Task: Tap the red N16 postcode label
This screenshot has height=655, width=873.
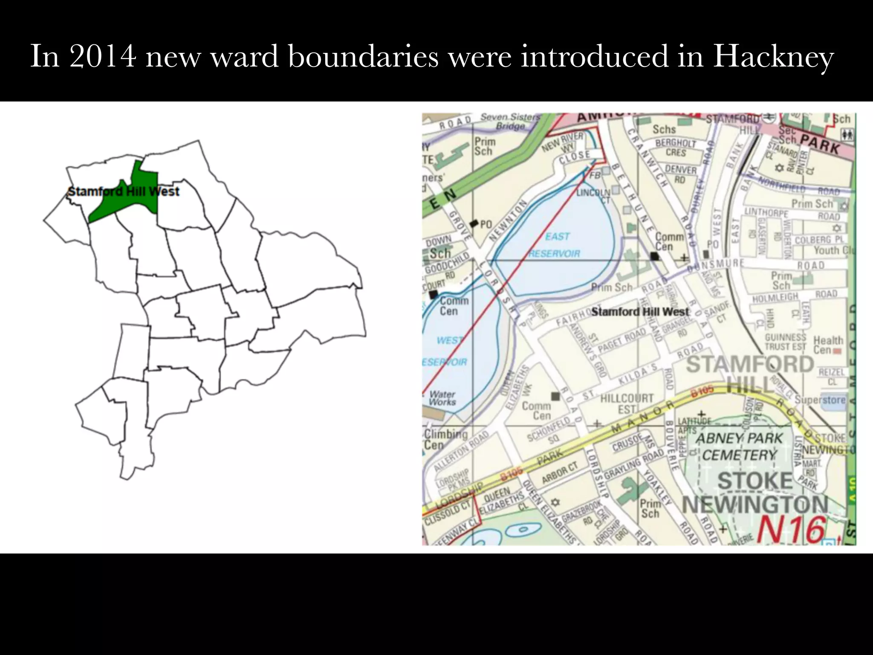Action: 791,530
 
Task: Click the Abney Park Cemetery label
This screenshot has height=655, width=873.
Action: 739,446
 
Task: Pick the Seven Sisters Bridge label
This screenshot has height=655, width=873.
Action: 510,121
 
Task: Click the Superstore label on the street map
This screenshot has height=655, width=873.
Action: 820,400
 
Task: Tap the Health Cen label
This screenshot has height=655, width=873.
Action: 828,345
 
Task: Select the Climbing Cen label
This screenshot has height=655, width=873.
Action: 445,439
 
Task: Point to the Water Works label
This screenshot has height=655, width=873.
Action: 442,398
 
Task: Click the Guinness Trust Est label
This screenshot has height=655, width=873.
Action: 785,342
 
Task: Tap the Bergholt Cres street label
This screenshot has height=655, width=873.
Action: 676,148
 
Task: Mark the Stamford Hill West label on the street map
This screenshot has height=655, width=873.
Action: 640,312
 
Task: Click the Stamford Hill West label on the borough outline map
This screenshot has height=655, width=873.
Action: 124,191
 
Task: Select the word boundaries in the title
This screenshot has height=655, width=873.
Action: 363,56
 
